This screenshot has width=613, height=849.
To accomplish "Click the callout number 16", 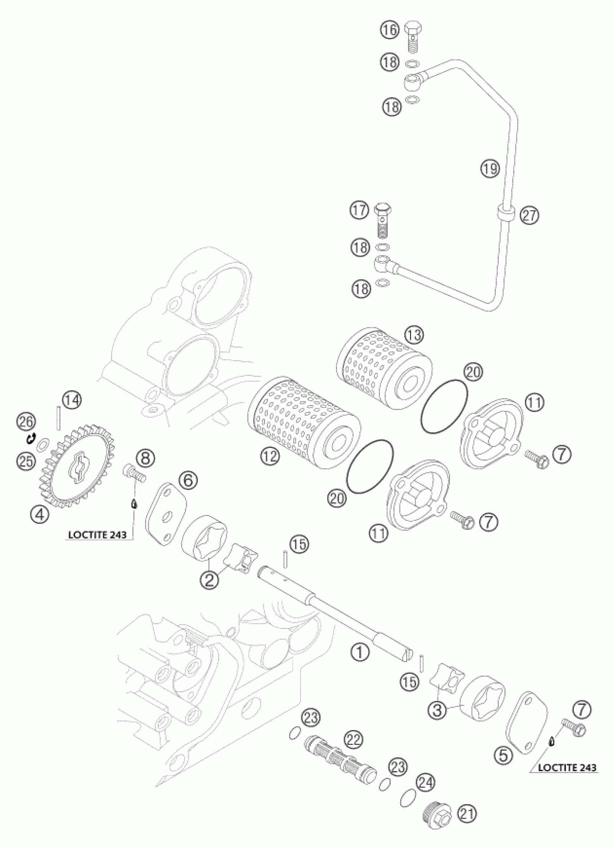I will click(x=389, y=30).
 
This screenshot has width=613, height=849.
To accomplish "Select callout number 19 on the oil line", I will click(x=490, y=168).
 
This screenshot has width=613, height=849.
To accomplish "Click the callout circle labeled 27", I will click(x=530, y=215).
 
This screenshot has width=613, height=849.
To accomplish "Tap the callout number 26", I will click(x=26, y=422).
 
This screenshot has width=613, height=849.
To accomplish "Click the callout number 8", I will click(x=146, y=457).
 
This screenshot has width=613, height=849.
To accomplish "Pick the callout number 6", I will click(x=188, y=480).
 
